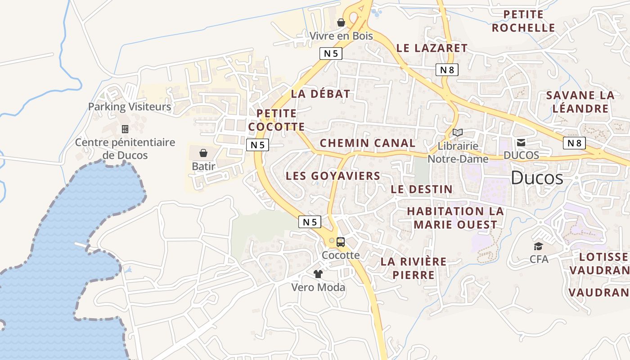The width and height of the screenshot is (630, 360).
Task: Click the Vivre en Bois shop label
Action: [x=341, y=36]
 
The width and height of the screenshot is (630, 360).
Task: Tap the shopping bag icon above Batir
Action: [x=203, y=153]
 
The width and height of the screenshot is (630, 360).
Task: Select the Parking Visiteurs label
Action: [x=130, y=107]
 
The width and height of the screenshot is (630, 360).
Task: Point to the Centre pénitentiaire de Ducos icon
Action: [x=125, y=129]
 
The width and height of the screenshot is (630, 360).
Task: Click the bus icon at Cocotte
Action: [x=341, y=242]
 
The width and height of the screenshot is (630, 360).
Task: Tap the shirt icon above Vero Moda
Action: [x=318, y=274]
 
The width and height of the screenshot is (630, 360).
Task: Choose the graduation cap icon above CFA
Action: [x=538, y=246]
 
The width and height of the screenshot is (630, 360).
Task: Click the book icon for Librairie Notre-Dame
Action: [x=458, y=133]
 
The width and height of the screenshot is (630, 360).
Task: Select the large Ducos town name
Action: [x=537, y=178]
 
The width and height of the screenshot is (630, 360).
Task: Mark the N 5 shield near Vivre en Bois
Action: [x=331, y=54]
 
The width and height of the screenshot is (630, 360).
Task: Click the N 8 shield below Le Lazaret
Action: [x=447, y=70]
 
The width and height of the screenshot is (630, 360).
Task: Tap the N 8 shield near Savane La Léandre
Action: [x=574, y=143]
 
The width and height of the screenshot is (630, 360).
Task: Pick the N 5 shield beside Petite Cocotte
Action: [x=258, y=145]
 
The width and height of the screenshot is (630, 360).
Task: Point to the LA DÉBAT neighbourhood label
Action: [x=320, y=94]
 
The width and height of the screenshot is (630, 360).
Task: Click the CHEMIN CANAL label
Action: [x=368, y=144]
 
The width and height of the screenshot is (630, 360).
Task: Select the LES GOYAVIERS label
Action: [x=333, y=176]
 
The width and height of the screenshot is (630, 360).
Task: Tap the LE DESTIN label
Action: [x=422, y=189]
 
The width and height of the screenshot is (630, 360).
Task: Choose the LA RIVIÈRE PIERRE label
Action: [x=414, y=268]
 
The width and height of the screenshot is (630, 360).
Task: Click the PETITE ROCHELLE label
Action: [x=523, y=21]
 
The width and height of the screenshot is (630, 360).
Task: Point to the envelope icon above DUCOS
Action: [x=521, y=143]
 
